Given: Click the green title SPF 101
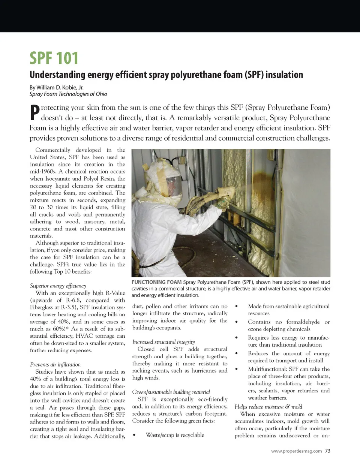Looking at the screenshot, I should (54, 58).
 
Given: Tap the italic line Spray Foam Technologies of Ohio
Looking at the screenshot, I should (68, 94).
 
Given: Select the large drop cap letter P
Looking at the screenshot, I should (34, 112).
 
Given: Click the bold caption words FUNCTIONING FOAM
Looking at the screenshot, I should (156, 282).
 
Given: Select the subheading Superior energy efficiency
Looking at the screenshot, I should (58, 286).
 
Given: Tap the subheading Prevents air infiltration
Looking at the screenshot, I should (55, 364).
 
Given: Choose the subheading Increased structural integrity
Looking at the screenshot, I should (163, 342).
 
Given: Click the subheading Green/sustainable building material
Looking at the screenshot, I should (171, 392).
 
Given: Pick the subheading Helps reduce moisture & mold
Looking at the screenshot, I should (268, 407).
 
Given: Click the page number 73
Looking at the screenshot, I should (327, 451).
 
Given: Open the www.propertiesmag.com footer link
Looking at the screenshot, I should (296, 451).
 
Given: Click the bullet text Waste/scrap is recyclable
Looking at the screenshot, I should (175, 435).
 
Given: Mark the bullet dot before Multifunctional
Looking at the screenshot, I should (237, 369).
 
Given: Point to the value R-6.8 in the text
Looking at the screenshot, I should (73, 300).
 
